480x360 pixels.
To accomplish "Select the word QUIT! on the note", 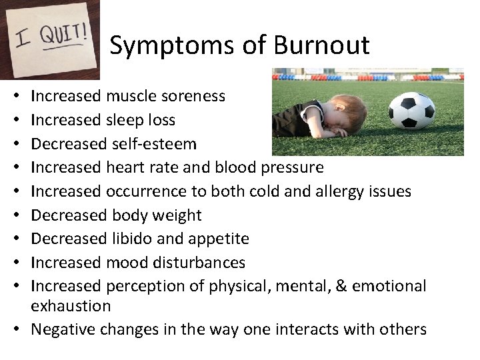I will [x=65, y=34].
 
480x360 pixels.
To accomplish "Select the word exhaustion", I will [x=71, y=306].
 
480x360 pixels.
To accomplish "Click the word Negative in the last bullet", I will [x=59, y=329].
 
